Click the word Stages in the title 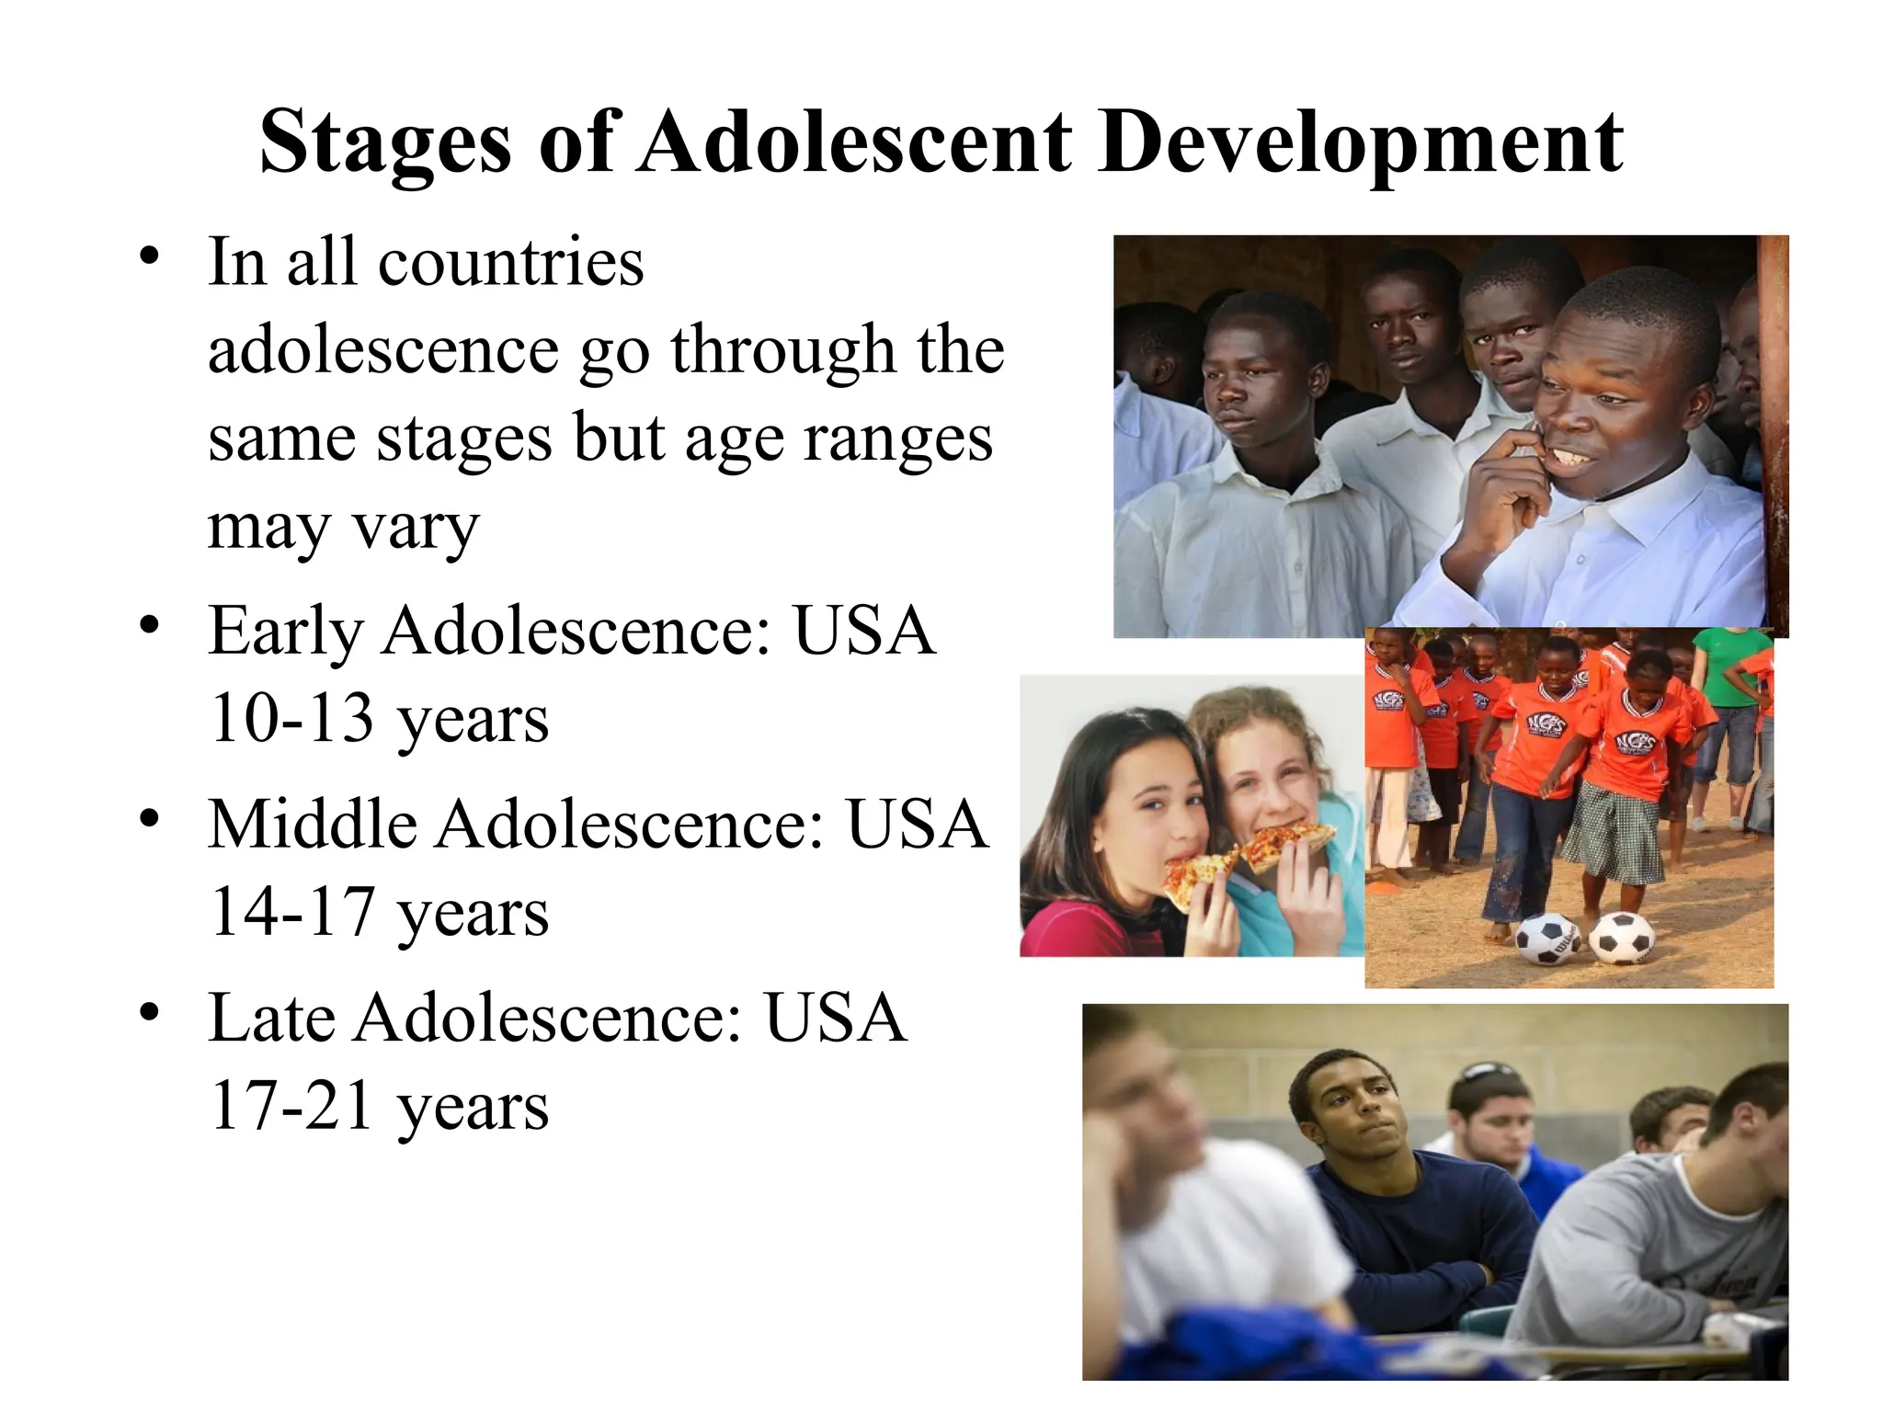point(384,142)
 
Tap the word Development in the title point(1360,142)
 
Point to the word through point(782,351)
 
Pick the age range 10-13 point(291,719)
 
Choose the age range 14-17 point(291,912)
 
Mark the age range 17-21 point(291,1106)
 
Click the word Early point(285,632)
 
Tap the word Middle point(313,825)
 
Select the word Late point(271,1019)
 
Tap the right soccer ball point(1620,939)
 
